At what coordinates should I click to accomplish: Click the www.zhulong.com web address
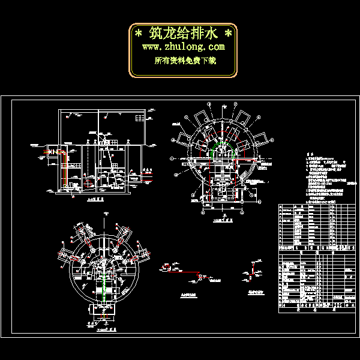coord(183,47)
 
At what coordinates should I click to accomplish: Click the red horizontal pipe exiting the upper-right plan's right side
coord(248,161)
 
